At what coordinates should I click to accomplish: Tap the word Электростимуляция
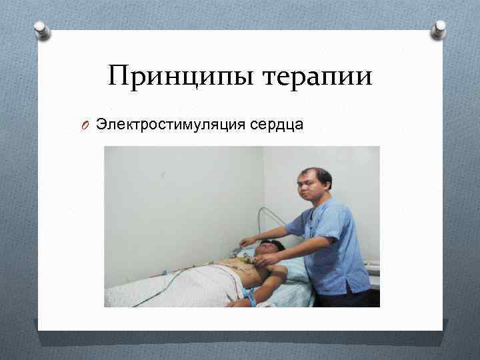click(169, 123)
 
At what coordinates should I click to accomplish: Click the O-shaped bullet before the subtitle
click(86, 124)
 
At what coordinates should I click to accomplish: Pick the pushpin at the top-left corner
click(43, 30)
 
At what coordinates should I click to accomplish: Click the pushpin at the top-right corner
click(438, 29)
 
